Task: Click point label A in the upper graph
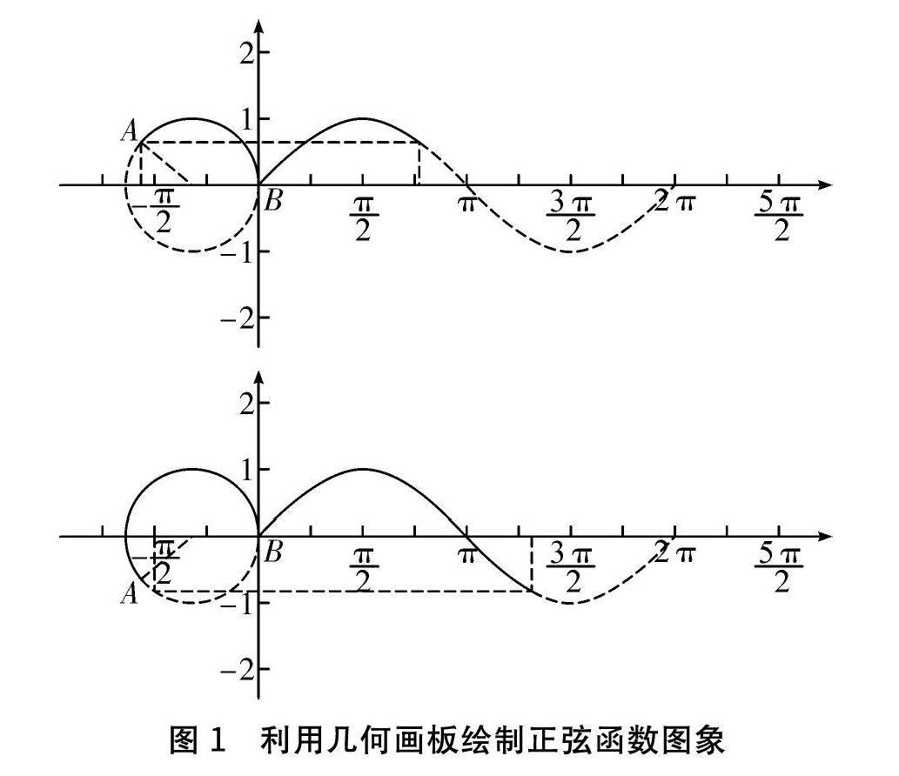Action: pos(130,131)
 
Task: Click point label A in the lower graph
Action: pos(130,595)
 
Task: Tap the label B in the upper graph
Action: pos(273,203)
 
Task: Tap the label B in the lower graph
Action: pos(273,553)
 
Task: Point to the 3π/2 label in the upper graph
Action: pos(571,217)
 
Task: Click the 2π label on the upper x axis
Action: pos(675,202)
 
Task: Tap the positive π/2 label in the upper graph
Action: pos(362,217)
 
